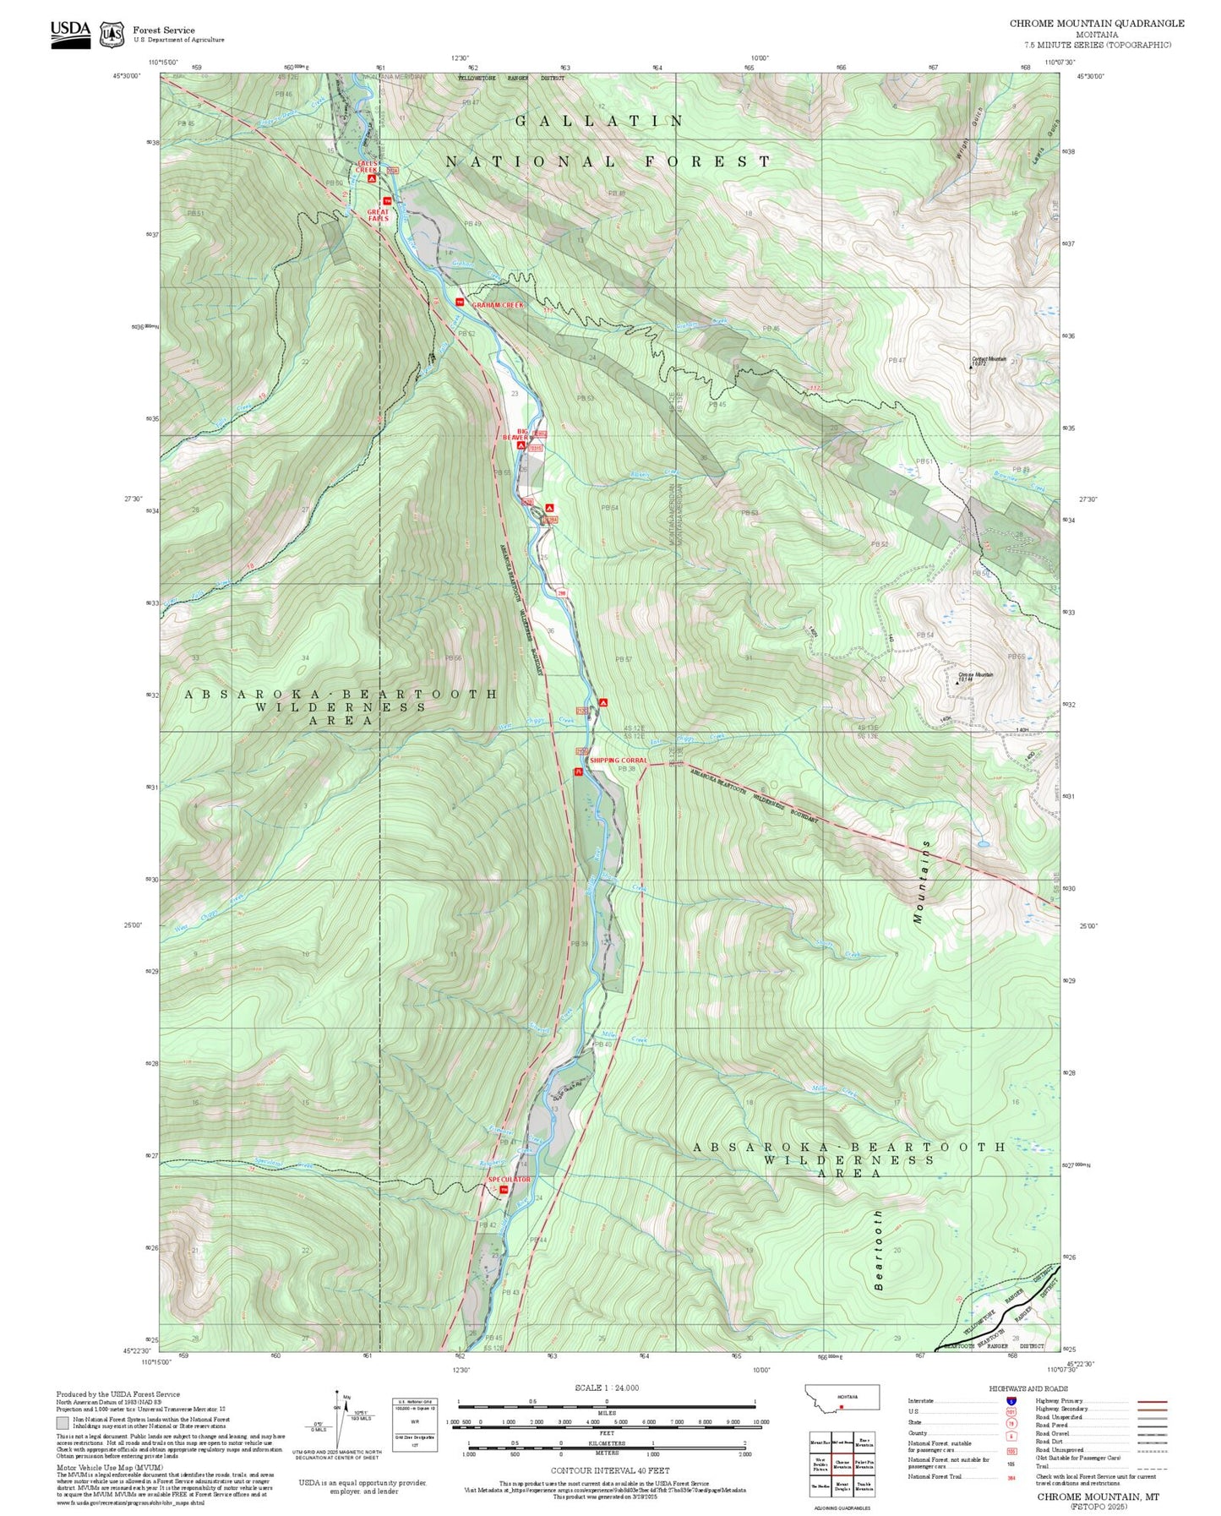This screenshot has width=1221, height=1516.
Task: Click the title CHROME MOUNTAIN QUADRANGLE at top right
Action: point(1096,24)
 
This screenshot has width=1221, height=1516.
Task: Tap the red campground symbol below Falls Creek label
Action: point(371,179)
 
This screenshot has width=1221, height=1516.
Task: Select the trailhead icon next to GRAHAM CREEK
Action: point(460,303)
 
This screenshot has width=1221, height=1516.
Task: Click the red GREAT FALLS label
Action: point(378,215)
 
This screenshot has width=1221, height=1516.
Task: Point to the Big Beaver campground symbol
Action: point(521,445)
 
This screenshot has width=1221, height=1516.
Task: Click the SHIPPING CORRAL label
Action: point(618,761)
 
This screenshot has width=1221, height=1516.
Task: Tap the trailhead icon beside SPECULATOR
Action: point(504,1191)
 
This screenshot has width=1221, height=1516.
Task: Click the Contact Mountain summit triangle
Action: point(970,368)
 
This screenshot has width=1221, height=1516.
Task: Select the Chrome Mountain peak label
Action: point(975,675)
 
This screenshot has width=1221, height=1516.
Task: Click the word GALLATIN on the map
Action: point(599,122)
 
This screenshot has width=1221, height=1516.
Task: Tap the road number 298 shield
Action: point(561,593)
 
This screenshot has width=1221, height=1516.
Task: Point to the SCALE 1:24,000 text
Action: point(606,1388)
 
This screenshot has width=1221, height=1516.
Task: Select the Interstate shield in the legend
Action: point(1011,1401)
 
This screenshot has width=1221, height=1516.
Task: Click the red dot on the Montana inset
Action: point(842,1408)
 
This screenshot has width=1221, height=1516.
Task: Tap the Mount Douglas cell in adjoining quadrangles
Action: point(842,1486)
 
